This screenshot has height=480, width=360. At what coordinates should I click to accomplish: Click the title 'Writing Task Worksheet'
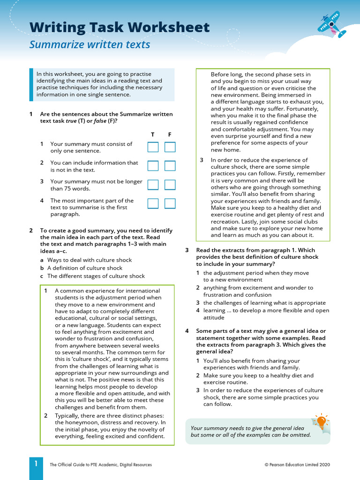point(120,28)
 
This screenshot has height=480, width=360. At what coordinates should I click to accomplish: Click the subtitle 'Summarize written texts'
point(90,45)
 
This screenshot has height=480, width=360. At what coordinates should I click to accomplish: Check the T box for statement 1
point(153,147)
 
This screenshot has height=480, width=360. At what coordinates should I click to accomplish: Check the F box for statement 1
point(170,147)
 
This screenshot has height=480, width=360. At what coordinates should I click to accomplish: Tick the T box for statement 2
point(153,166)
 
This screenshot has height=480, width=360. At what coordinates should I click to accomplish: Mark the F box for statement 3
point(170,185)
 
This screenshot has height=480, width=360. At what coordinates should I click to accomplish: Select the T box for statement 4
point(153,203)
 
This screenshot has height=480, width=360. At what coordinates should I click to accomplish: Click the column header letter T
point(152,135)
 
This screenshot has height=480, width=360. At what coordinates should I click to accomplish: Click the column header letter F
point(170,135)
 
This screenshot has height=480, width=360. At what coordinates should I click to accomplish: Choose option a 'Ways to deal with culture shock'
point(89,260)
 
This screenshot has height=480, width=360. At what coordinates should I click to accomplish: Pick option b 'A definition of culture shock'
point(84,268)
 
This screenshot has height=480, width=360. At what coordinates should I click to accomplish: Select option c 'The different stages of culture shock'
point(96,276)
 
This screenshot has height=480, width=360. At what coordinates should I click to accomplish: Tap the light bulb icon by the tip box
point(322,421)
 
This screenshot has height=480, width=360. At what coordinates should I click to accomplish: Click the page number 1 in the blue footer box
point(36,464)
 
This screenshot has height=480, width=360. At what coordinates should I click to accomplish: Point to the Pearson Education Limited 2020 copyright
point(297,465)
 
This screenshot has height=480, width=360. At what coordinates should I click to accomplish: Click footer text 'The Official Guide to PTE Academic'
point(100,465)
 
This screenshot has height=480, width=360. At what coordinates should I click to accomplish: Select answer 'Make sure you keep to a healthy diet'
point(259,379)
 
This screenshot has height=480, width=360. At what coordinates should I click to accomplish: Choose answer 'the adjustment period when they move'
point(255,276)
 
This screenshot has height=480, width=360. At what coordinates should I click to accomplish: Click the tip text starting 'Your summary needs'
point(250,431)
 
